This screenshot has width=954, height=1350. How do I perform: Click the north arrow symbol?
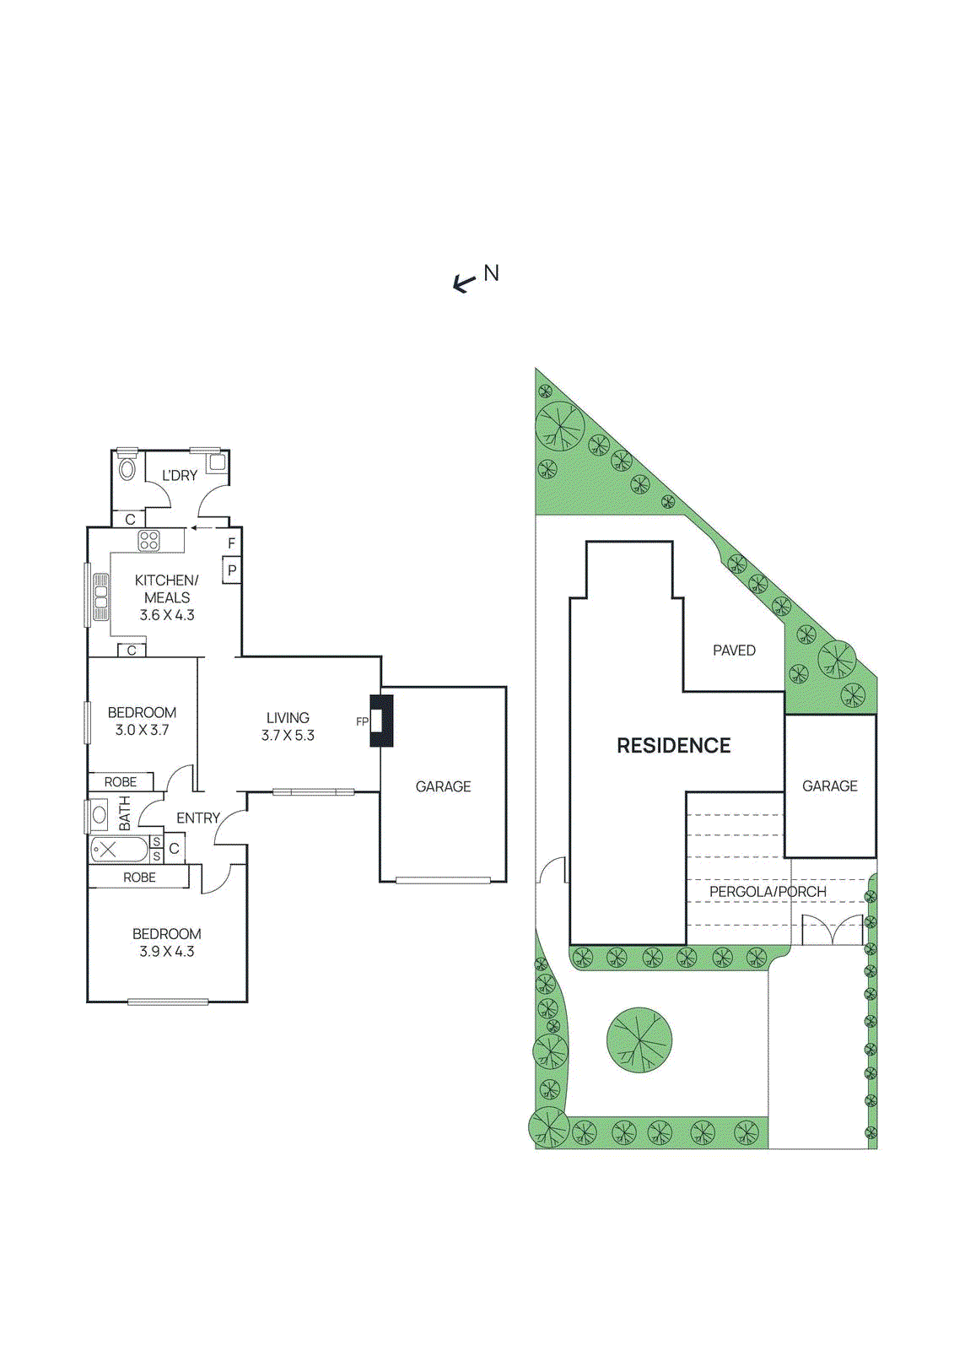click(x=464, y=283)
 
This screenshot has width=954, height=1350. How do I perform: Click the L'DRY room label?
click(x=180, y=476)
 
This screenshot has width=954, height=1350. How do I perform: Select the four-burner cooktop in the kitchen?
click(x=149, y=541)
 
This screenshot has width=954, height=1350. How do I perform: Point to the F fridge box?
click(x=231, y=543)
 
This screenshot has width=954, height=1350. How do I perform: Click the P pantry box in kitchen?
click(x=231, y=570)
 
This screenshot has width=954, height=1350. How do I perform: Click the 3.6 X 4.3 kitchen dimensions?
click(x=167, y=615)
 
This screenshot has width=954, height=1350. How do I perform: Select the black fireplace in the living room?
click(x=382, y=721)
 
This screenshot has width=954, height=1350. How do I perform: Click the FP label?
click(x=362, y=721)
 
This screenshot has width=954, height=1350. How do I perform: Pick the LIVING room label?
click(x=288, y=718)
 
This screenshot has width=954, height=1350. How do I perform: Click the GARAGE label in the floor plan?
click(x=443, y=786)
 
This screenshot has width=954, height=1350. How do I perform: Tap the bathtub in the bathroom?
click(x=118, y=850)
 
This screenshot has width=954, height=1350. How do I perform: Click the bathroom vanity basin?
click(x=100, y=815)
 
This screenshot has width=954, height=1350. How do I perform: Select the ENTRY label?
click(x=198, y=818)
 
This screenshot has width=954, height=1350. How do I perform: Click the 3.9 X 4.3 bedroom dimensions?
click(x=167, y=952)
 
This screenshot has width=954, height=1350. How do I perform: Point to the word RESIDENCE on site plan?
click(x=673, y=746)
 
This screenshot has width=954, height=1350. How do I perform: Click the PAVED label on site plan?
click(x=734, y=651)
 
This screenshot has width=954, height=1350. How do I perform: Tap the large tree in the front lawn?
click(x=639, y=1039)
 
